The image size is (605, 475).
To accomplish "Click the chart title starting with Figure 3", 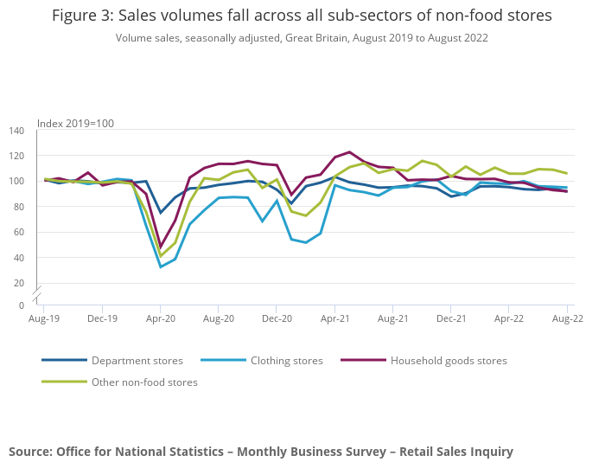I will pyautogui.click(x=302, y=16).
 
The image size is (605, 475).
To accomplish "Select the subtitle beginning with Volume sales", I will pyautogui.click(x=302, y=38).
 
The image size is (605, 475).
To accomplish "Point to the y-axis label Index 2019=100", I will pyautogui.click(x=75, y=124).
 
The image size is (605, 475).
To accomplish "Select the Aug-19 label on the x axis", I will pyautogui.click(x=44, y=318).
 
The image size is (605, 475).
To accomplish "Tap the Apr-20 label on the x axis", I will pyautogui.click(x=160, y=318).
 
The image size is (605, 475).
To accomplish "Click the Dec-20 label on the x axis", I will pyautogui.click(x=277, y=318).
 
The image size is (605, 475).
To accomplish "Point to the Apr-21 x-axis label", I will pyautogui.click(x=334, y=318).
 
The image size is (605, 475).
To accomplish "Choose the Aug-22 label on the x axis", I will pyautogui.click(x=567, y=318).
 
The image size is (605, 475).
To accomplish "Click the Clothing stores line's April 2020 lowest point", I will pyautogui.click(x=161, y=266).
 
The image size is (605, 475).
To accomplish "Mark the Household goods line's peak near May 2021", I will pyautogui.click(x=349, y=152).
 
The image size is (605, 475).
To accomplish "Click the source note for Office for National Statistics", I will pyautogui.click(x=261, y=452).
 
